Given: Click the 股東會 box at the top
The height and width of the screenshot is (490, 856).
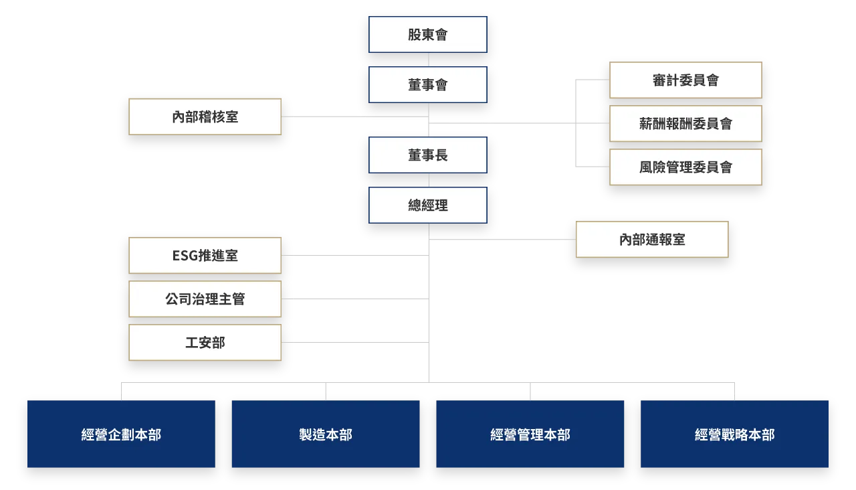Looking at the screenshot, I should tap(428, 35).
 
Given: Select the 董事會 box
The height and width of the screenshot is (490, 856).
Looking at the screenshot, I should tap(428, 85).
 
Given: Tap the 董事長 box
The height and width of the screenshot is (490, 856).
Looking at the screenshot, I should tap(428, 155).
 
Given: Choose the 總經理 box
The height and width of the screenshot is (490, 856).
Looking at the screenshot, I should tap(428, 206).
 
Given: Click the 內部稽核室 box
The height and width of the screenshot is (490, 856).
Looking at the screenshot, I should tap(205, 117).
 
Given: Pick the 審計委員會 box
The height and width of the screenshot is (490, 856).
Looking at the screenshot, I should tap(685, 80).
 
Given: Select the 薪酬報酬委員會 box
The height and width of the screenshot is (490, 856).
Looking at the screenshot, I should tap(685, 124).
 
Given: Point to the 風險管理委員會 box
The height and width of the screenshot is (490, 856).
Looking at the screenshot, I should tap(685, 167).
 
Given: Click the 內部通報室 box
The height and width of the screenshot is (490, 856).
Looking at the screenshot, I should tap(652, 240).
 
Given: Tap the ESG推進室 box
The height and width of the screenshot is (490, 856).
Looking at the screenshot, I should tap(205, 256).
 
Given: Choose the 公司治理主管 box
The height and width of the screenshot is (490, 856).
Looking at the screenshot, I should tap(205, 299).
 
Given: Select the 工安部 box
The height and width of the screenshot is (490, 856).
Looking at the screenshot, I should tap(205, 343).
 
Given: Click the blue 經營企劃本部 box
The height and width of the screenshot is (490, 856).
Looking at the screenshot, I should tap(121, 434).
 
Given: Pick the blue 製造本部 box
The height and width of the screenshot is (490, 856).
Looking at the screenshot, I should tap(326, 434).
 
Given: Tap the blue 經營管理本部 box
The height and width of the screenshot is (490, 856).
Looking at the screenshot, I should tap(530, 434).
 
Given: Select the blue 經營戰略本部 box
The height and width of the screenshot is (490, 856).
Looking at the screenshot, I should tap(734, 434).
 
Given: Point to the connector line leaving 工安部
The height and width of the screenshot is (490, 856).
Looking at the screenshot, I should tap(361, 340).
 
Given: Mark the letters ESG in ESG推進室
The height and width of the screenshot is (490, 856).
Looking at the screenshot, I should tap(185, 256).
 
